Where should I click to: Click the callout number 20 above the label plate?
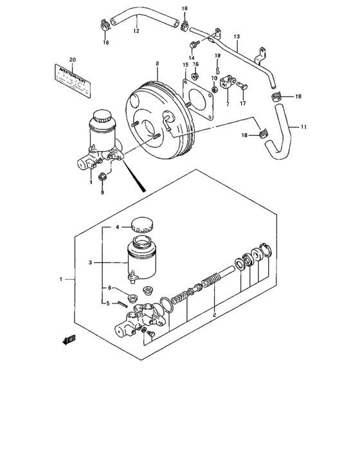tap(73, 60)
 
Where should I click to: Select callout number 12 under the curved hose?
tap(136, 30)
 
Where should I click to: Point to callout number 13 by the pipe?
tap(237, 37)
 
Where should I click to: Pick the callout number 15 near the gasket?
tap(185, 64)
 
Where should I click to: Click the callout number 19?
tap(218, 57)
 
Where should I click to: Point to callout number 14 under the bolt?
tap(192, 57)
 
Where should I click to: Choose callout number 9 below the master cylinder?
tap(102, 192)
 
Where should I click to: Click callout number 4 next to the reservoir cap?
tap(118, 227)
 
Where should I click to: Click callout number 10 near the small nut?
tap(215, 78)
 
